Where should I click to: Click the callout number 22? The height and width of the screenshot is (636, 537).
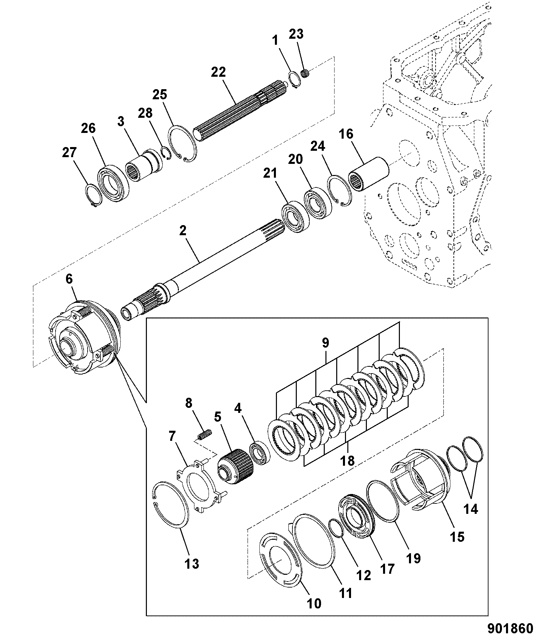click(218, 72)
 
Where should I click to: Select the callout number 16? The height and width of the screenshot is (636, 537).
click(346, 134)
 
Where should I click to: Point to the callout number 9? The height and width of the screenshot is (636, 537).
click(325, 343)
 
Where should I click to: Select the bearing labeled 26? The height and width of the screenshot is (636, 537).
click(114, 184)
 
